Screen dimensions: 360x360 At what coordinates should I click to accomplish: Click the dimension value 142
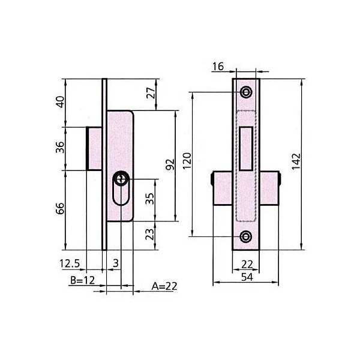(x=296, y=161)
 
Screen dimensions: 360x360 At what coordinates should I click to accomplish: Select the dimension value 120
(x=187, y=161)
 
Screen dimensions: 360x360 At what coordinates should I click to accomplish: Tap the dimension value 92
(x=170, y=164)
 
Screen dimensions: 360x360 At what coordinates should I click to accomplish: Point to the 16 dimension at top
(x=218, y=67)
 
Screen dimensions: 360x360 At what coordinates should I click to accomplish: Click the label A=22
(x=164, y=286)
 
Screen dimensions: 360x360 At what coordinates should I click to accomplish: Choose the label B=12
(x=82, y=280)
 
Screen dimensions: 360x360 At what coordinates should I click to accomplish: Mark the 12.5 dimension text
(x=70, y=263)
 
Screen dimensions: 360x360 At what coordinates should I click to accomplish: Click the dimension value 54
(x=247, y=277)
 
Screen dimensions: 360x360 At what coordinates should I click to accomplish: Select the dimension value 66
(x=60, y=208)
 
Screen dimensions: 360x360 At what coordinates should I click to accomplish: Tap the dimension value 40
(x=60, y=102)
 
